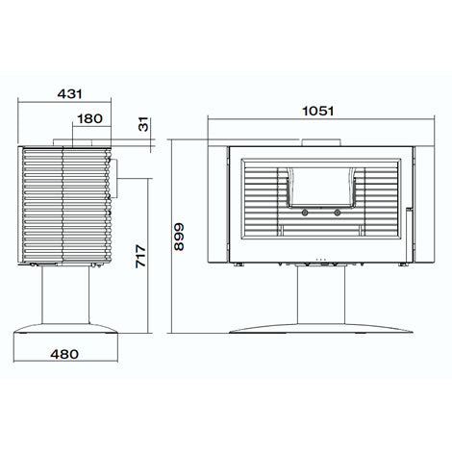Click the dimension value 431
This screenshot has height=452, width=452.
pos(70,94)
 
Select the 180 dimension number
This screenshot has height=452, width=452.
pos(89,119)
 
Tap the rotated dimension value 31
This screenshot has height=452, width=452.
pos(144,124)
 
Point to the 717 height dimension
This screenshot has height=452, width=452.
pos(140,256)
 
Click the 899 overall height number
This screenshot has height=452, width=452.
pos(179,237)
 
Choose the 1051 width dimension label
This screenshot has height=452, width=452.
pos(318,112)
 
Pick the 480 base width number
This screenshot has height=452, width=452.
pos(64,354)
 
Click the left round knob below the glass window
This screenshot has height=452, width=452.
pos(305,213)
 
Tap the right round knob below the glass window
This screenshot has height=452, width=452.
pos(337,213)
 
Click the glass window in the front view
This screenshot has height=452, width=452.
pos(321,188)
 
